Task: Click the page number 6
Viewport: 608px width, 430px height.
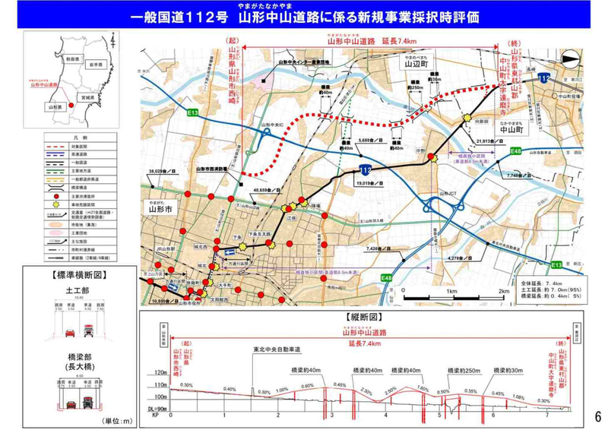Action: (x=597, y=416)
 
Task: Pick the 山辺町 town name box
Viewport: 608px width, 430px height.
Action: (x=416, y=65)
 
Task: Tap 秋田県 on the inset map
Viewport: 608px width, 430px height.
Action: (x=72, y=58)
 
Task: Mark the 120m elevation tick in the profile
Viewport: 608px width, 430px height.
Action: (x=160, y=373)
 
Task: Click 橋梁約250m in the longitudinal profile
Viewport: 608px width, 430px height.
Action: (x=462, y=371)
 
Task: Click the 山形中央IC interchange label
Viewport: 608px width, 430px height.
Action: (x=271, y=123)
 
